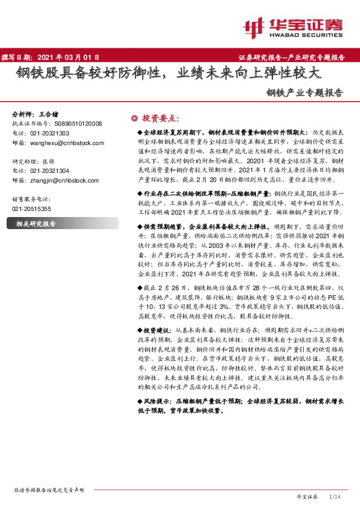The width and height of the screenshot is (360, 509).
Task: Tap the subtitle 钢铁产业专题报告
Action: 304,94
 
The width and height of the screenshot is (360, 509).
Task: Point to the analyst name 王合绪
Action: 52,114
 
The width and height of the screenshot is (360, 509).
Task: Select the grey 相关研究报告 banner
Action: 36,224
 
